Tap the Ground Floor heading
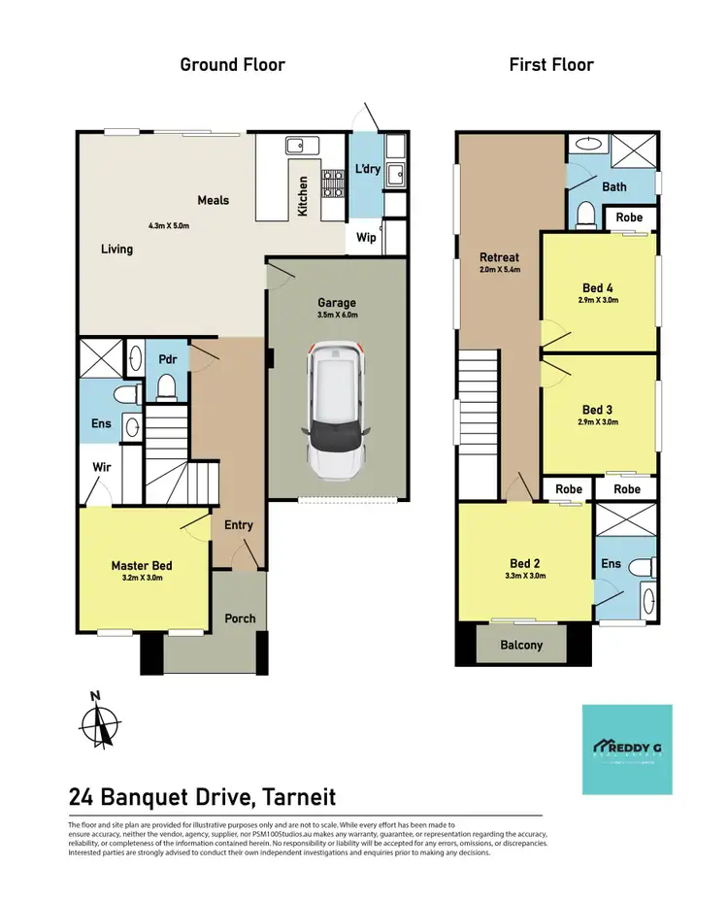(233, 65)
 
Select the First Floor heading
(551, 65)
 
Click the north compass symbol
(100, 722)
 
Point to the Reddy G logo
(626, 749)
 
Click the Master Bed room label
(142, 566)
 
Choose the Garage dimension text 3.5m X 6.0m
(338, 315)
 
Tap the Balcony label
(521, 645)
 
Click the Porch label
(240, 618)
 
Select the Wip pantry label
(366, 237)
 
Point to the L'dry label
(367, 169)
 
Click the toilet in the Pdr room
(165, 388)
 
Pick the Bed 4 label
(598, 287)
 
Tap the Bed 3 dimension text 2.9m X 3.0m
(598, 422)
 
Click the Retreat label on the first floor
(499, 257)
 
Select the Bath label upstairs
(614, 186)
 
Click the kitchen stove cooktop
(333, 183)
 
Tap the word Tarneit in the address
(296, 797)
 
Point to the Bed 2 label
(525, 563)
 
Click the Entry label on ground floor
(238, 525)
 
